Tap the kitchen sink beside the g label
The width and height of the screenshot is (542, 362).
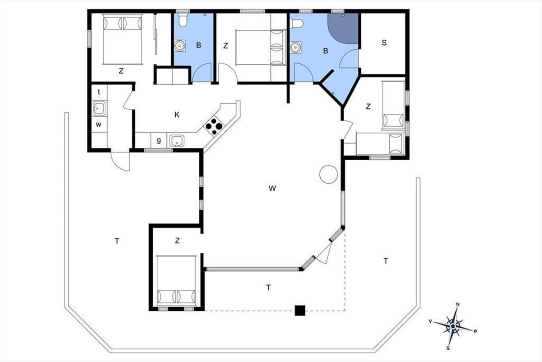(x=177, y=141)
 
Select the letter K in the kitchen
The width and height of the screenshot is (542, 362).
(x=177, y=114)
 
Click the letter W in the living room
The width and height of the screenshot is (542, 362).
(x=272, y=188)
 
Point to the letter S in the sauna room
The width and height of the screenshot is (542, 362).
(x=384, y=43)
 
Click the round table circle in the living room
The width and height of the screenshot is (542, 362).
(x=329, y=174)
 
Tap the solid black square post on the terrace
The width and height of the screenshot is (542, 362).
(x=300, y=310)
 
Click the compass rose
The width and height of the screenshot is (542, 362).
(x=453, y=326)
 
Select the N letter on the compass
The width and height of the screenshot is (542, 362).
(x=458, y=304)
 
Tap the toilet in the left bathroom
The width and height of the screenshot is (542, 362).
(x=182, y=20)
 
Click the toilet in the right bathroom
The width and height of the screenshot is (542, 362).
(x=297, y=24)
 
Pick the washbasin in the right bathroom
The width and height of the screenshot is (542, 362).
(x=295, y=47)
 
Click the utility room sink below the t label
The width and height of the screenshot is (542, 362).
(x=99, y=109)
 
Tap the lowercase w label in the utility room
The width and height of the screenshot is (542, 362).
(x=98, y=124)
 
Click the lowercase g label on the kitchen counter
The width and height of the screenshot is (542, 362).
(x=159, y=140)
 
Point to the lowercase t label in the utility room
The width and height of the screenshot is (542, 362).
(x=99, y=92)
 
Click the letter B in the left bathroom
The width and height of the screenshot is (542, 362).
(x=199, y=45)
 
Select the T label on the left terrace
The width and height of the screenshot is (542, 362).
(x=117, y=241)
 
